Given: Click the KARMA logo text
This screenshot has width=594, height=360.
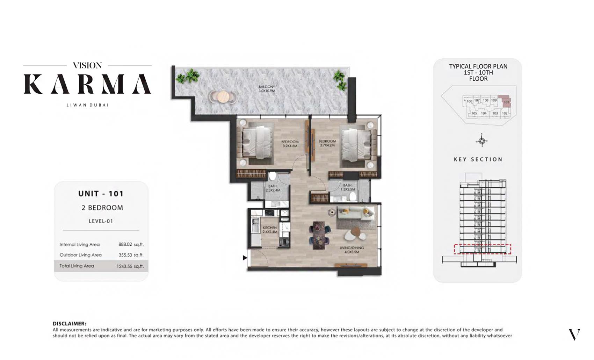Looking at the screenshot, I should (87, 84).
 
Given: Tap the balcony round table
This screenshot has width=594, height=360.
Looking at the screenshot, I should (223, 96).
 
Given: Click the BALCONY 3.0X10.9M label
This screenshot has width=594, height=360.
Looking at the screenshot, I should (267, 89).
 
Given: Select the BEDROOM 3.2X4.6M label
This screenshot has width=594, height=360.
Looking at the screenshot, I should (290, 144).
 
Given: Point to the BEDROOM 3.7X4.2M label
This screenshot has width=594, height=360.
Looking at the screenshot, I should (327, 143).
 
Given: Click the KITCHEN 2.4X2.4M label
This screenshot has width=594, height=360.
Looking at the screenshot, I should (269, 230).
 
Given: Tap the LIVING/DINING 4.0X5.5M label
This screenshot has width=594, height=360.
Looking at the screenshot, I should (352, 250).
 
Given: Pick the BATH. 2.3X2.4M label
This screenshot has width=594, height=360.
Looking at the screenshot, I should (273, 188).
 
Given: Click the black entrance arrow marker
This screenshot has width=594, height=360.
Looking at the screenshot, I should (245, 258).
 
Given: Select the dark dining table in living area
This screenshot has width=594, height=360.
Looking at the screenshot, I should (319, 235).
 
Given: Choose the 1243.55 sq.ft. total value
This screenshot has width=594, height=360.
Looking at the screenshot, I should (130, 266).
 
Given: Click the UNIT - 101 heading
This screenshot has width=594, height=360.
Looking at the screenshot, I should (101, 194).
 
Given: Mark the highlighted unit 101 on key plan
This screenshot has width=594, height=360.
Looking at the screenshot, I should (506, 101).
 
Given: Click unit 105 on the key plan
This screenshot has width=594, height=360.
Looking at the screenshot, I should (474, 113).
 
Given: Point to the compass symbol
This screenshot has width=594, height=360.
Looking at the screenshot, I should (481, 141).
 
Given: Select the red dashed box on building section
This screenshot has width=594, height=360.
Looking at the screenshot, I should (482, 249).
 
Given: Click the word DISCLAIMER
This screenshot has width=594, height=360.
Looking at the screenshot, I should (69, 324).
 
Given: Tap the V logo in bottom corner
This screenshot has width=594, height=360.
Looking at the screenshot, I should (574, 334).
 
